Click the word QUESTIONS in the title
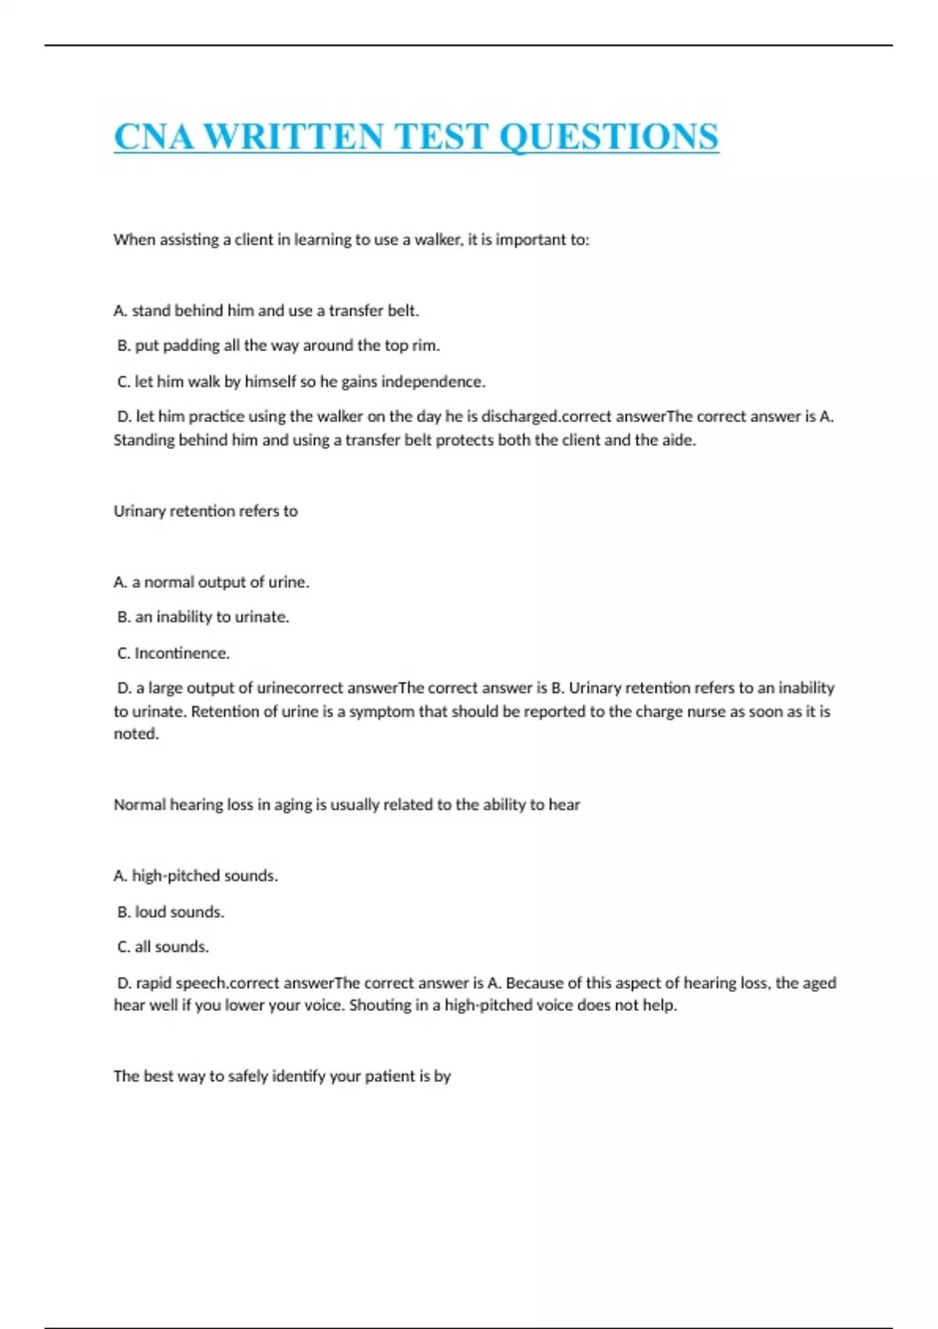pyautogui.click(x=608, y=137)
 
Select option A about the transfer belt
pyautogui.click(x=266, y=310)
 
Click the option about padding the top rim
pyautogui.click(x=278, y=346)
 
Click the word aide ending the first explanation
pyautogui.click(x=678, y=440)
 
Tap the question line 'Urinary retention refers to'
pyautogui.click(x=206, y=511)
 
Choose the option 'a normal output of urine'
pyautogui.click(x=211, y=582)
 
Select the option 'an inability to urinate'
pyautogui.click(x=203, y=617)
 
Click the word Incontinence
pyautogui.click(x=181, y=653)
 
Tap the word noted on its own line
pyautogui.click(x=135, y=733)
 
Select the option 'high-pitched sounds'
pyautogui.click(x=195, y=876)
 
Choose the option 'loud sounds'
pyautogui.click(x=170, y=912)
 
